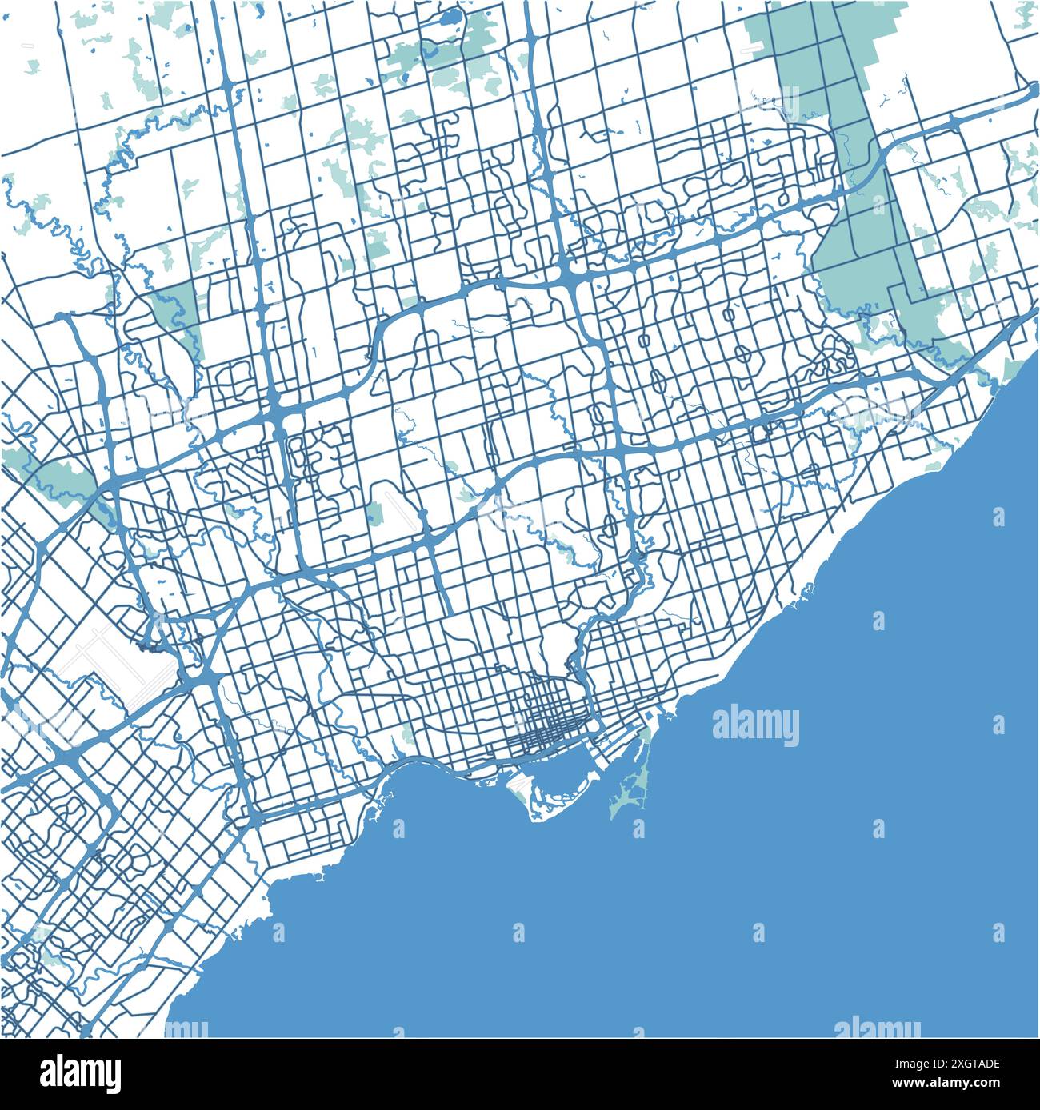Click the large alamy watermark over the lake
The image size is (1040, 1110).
(755, 726)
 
